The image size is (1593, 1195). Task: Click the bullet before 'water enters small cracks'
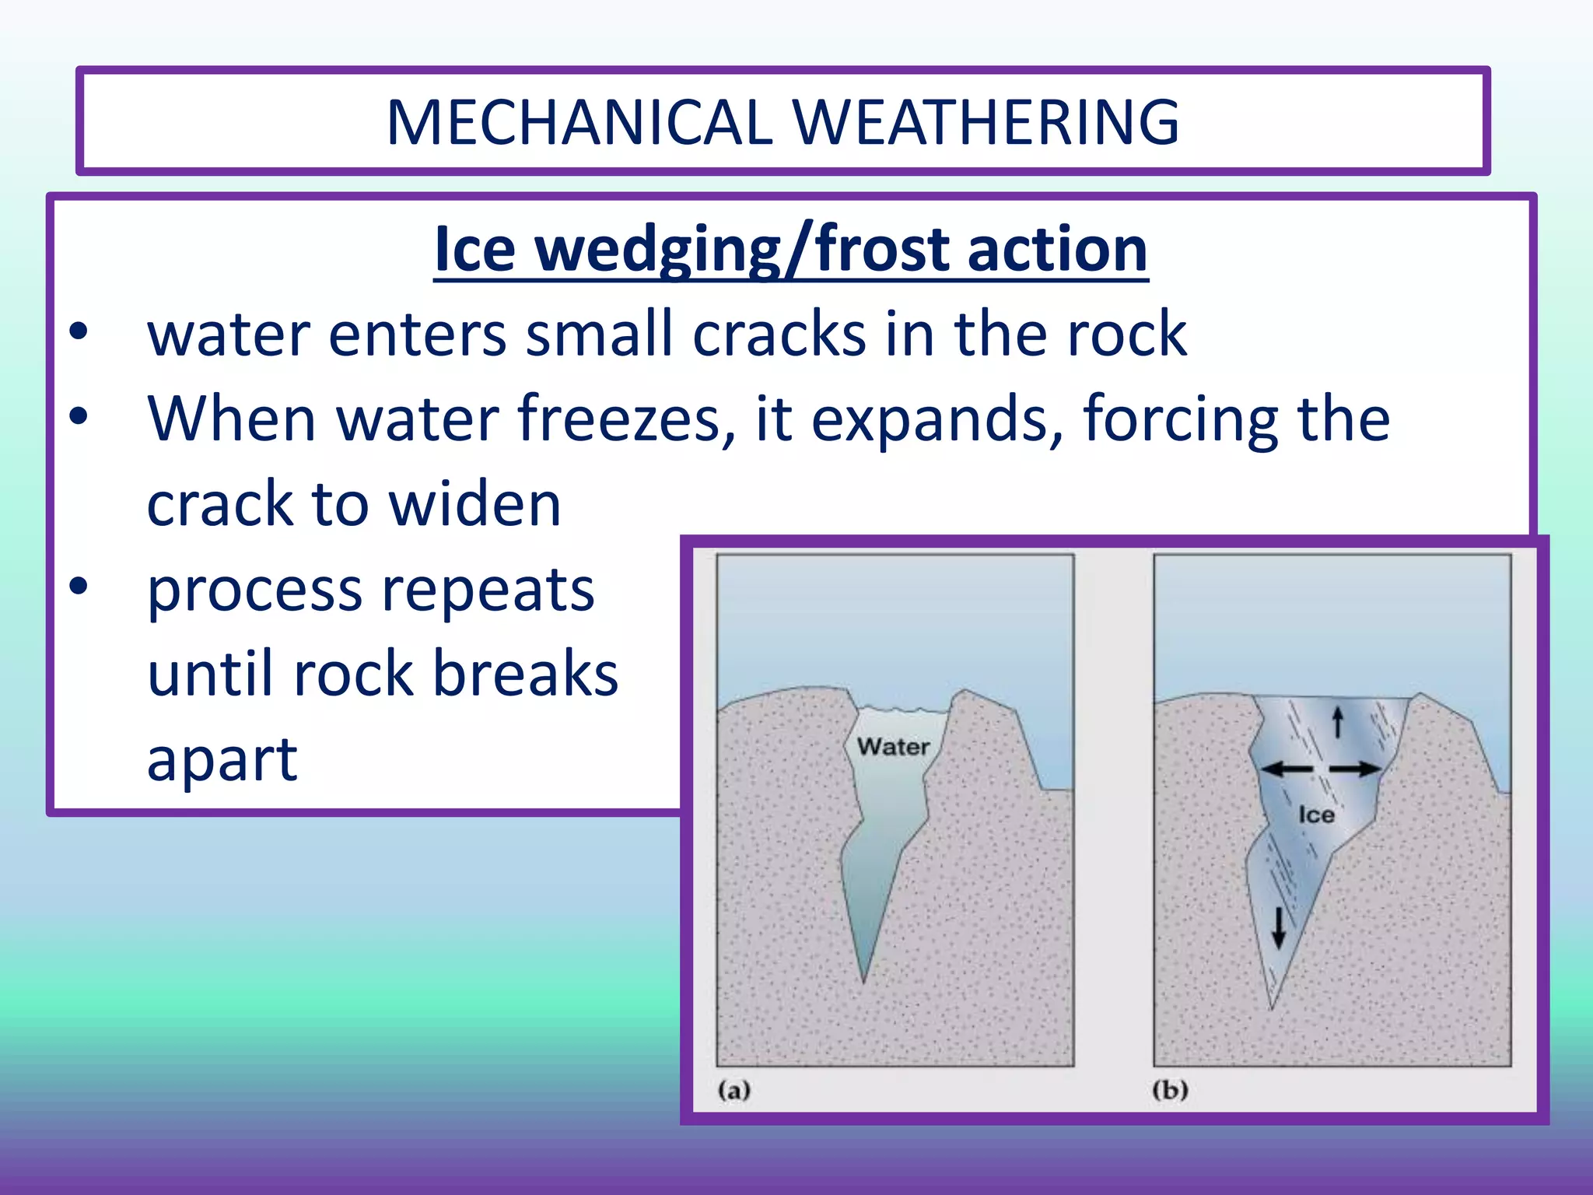[x=79, y=332]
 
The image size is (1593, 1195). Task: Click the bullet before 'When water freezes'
[x=79, y=416]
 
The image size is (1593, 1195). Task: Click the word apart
[x=222, y=759]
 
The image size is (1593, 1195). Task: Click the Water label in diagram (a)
[x=893, y=747]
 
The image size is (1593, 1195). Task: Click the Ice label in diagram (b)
[x=1316, y=815]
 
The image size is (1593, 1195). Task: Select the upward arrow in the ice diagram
[x=1338, y=722]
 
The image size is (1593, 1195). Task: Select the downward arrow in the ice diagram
[x=1278, y=928]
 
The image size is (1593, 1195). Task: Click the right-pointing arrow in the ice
[x=1355, y=769]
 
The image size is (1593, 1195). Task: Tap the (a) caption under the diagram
[x=733, y=1090]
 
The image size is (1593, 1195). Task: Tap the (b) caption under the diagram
[x=1170, y=1090]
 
